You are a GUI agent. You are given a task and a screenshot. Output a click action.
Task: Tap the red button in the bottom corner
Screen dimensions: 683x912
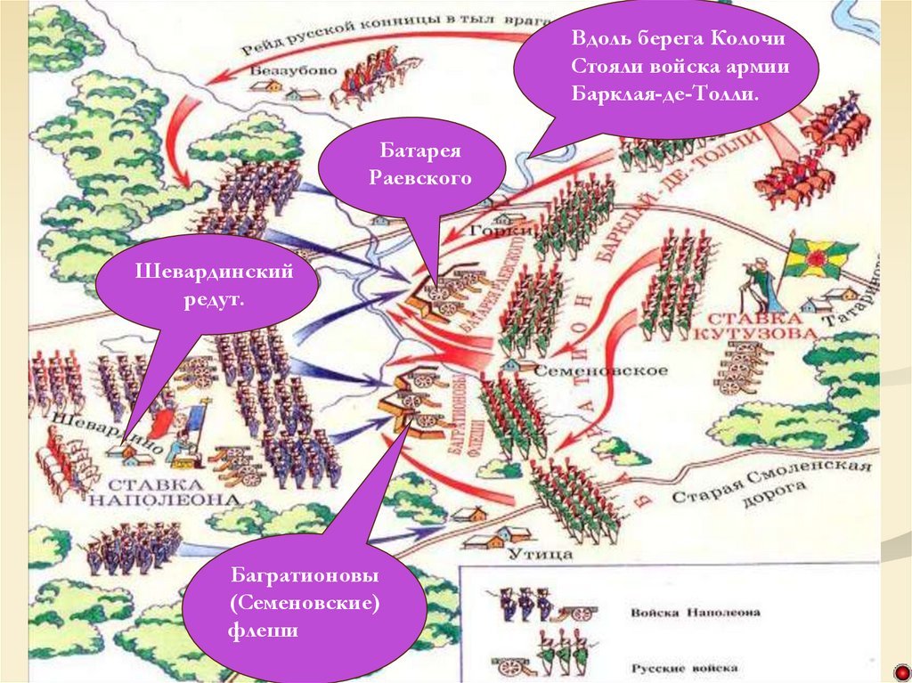[900, 671]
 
